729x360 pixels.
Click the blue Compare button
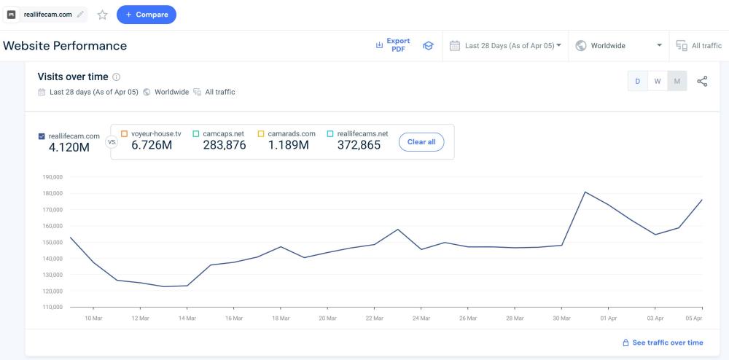[146, 15]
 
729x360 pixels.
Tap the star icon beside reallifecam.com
[102, 15]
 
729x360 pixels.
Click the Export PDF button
[394, 45]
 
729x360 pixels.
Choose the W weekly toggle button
[658, 81]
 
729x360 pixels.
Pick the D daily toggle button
[638, 81]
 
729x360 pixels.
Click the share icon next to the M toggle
[703, 81]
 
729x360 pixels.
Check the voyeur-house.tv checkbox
[124, 134]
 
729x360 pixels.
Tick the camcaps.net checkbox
[196, 134]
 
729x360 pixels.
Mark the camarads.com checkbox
[260, 134]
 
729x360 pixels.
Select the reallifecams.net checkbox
[330, 134]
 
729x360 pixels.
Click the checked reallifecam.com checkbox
[42, 136]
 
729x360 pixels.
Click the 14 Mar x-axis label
[187, 318]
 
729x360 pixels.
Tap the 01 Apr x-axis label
[609, 318]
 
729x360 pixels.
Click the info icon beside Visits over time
[117, 77]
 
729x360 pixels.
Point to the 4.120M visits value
[69, 148]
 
